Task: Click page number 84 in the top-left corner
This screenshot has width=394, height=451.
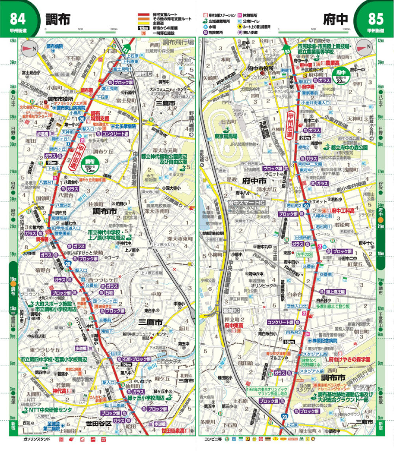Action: [19, 19]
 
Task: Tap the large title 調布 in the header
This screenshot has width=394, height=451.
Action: [58, 19]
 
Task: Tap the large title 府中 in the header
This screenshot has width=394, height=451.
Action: [336, 19]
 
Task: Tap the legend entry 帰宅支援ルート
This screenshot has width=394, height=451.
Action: [164, 14]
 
